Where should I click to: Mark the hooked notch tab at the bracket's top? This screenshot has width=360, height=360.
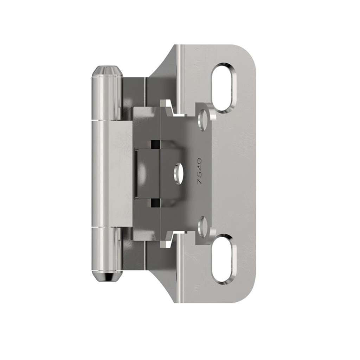169,107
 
